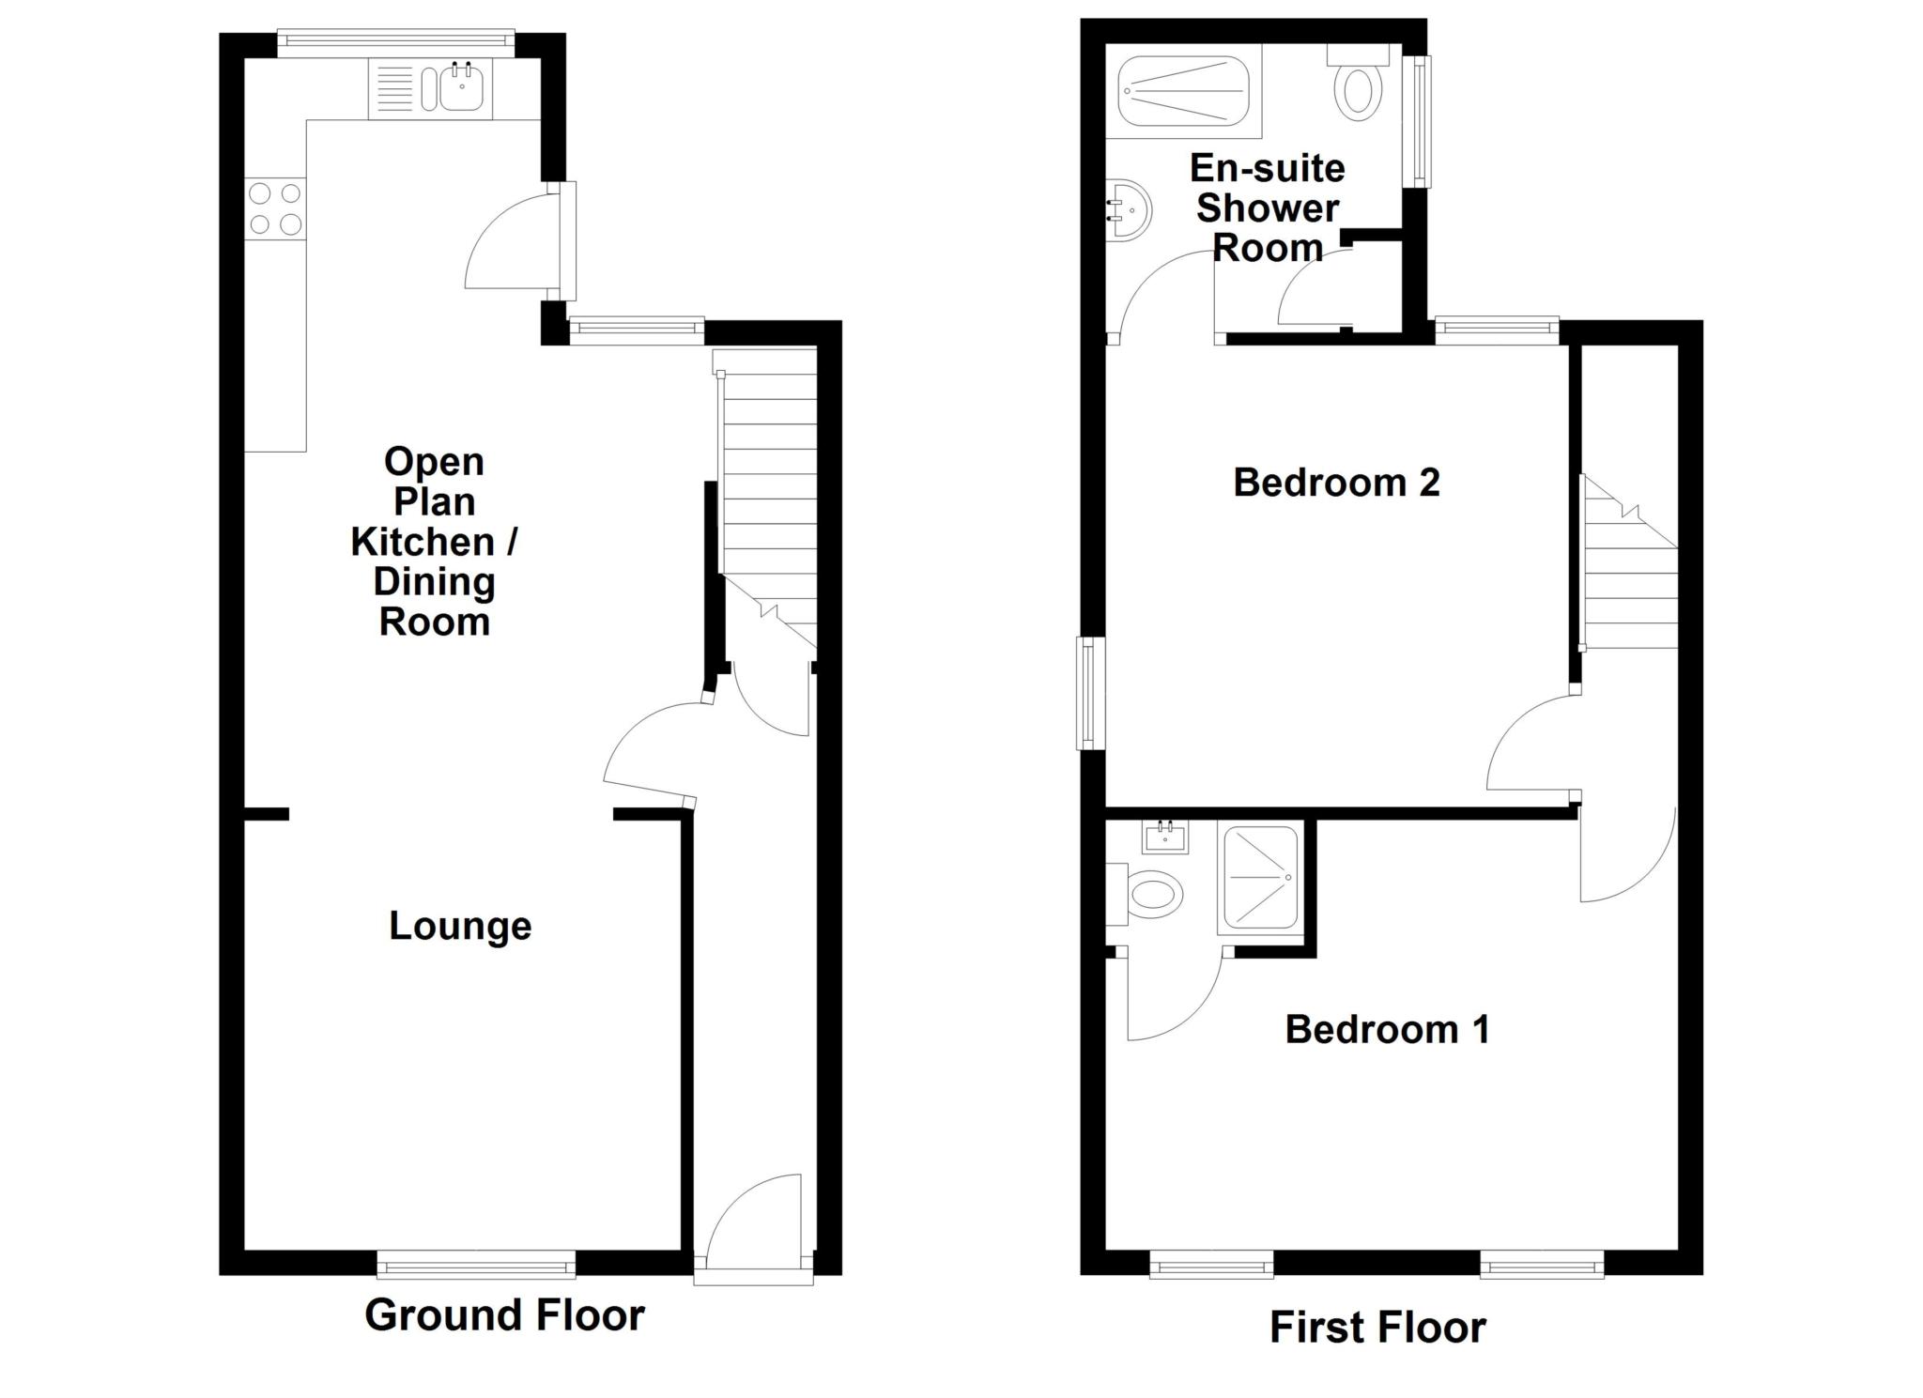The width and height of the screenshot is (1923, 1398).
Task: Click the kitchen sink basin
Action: point(461,88)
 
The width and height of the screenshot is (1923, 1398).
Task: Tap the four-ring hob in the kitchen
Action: point(275,208)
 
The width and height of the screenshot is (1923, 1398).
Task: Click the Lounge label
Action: point(460,927)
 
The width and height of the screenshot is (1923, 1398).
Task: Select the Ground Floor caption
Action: point(504,1315)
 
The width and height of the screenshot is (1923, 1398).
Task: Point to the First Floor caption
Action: point(1377,1328)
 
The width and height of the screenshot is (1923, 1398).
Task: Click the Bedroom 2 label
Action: point(1335,483)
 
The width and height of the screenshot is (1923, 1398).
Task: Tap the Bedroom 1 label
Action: point(1387,1030)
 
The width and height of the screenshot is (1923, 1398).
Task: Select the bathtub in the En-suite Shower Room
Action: point(1183,90)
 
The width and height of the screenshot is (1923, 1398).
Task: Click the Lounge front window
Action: point(476,1265)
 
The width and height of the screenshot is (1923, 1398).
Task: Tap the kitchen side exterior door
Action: point(566,239)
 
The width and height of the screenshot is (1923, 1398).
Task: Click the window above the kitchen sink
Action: point(395,38)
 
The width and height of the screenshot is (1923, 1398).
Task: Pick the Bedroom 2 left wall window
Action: point(1091,693)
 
